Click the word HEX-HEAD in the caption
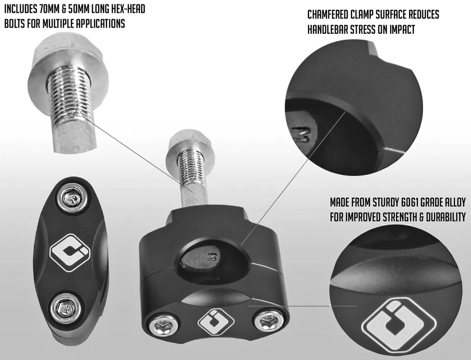[x=127, y=9]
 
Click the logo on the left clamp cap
[x=70, y=253]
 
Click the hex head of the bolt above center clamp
[x=191, y=142]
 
